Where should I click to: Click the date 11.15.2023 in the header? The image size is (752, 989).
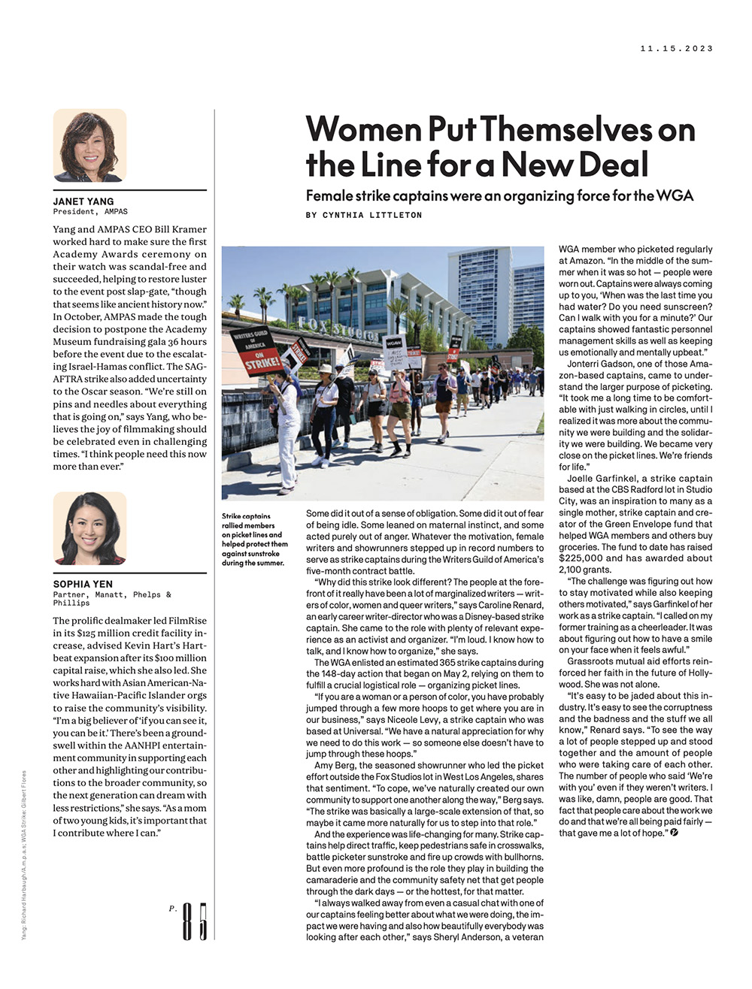676,49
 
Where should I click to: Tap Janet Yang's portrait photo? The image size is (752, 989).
89,146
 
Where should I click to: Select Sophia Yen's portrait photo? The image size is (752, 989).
89,528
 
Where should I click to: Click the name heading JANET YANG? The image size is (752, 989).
83,201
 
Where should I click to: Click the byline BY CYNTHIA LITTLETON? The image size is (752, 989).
364,216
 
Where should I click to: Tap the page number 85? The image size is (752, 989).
194,921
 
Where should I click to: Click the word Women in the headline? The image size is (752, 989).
363,129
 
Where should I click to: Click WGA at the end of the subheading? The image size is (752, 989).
675,196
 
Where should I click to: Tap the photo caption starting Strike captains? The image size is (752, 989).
254,540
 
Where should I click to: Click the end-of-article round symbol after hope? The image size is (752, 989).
674,833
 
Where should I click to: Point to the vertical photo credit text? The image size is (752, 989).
25,854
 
